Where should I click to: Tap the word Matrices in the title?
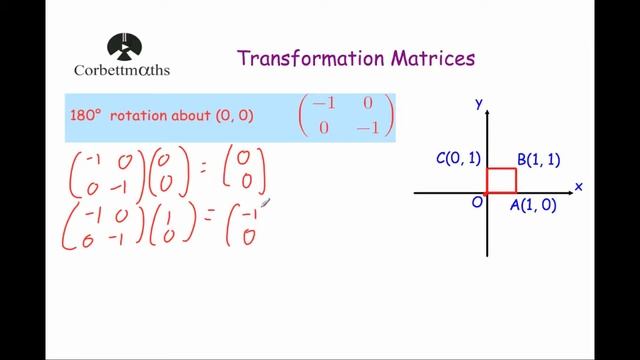coord(432,59)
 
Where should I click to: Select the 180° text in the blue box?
coord(87,116)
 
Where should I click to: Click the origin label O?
coord(477,202)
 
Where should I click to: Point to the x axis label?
coord(578,186)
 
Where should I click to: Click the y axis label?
coord(480,103)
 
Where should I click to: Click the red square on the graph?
coord(501,180)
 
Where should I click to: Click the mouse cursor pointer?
coord(264,203)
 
